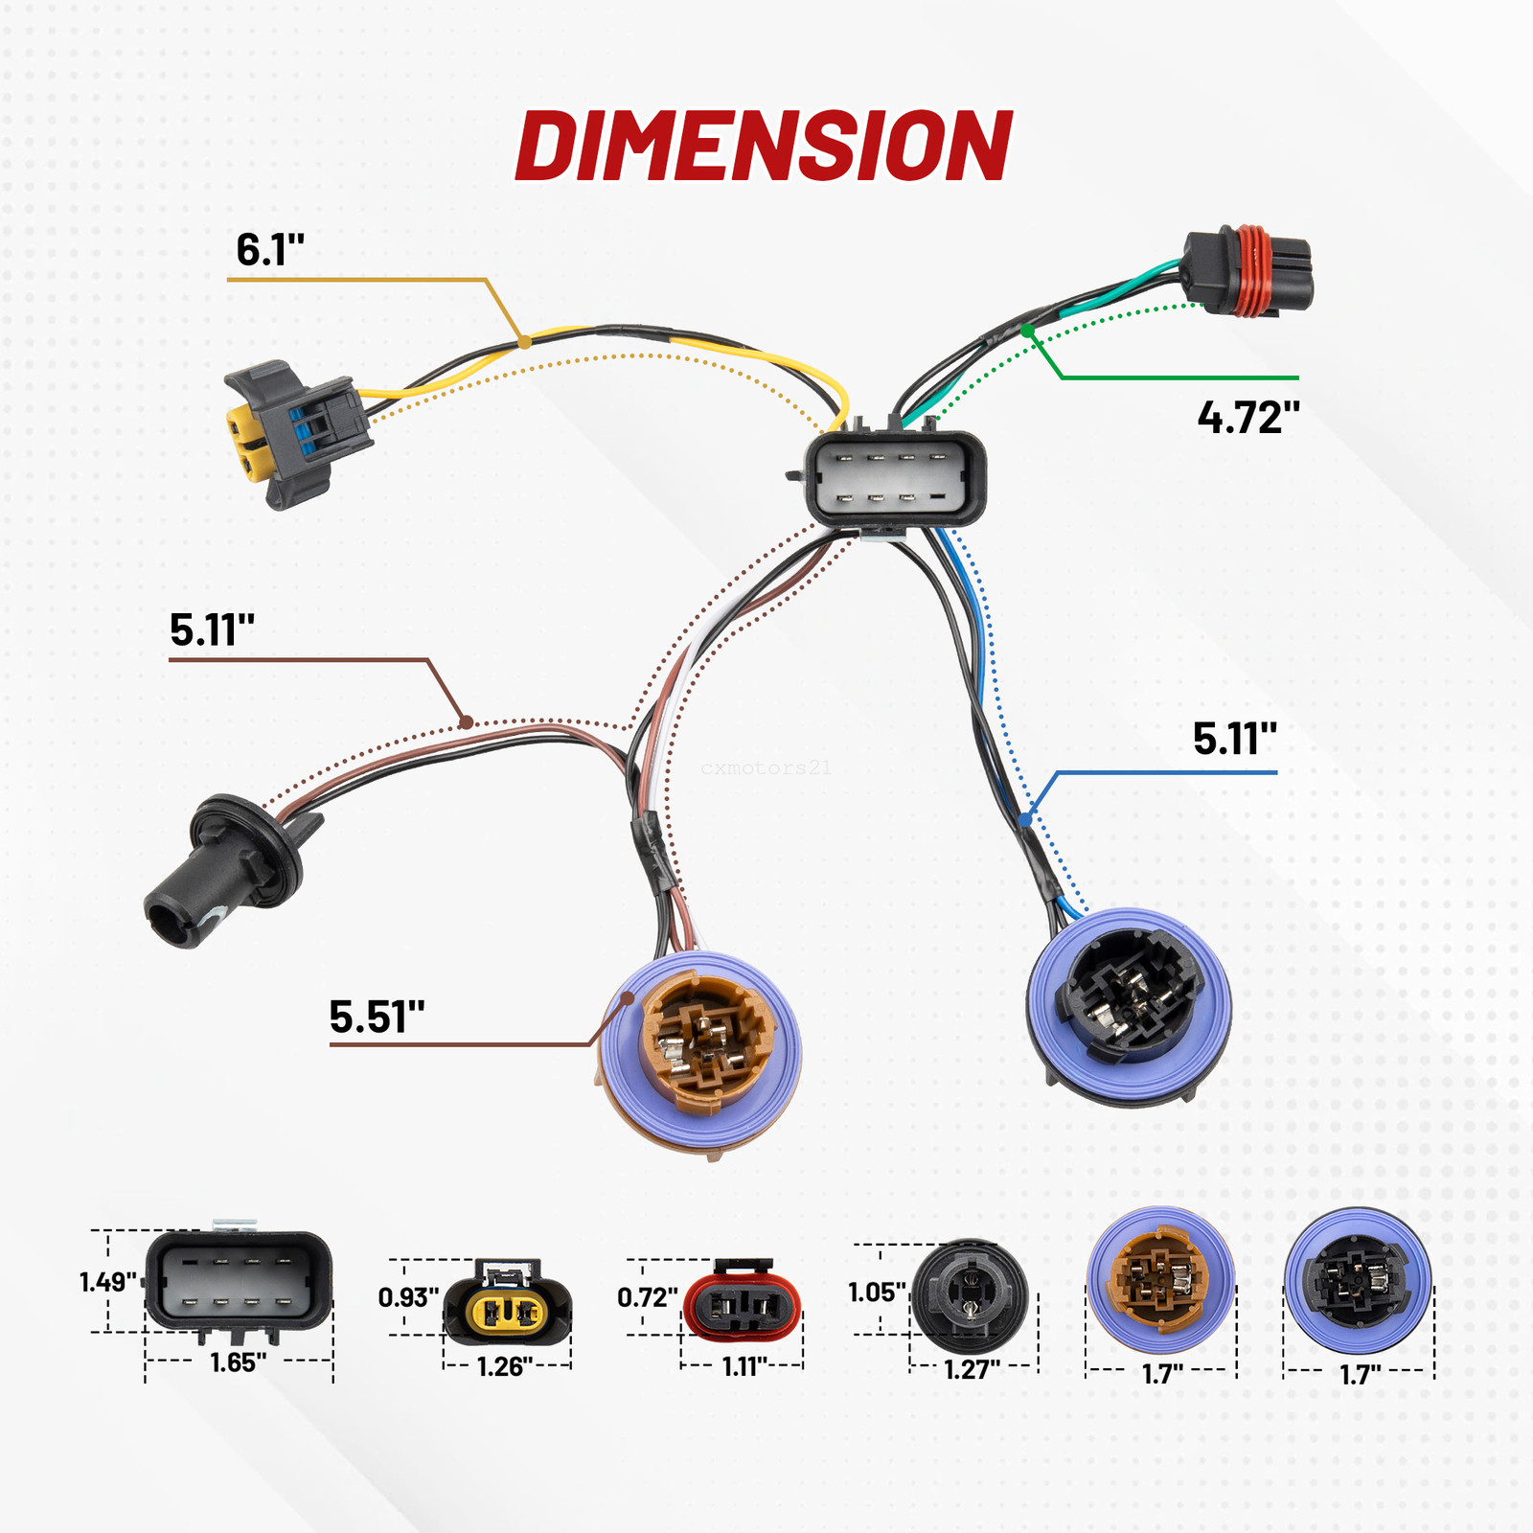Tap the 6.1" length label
(x=269, y=250)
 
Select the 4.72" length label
(x=1248, y=418)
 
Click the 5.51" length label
(x=377, y=1017)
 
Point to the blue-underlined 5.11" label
(x=1234, y=739)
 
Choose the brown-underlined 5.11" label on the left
(x=212, y=629)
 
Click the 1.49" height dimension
(x=107, y=1282)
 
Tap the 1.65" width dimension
(x=238, y=1362)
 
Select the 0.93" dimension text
(x=408, y=1297)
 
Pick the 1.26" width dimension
(x=505, y=1366)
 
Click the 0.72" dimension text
(x=647, y=1297)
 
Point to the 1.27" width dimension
(x=972, y=1369)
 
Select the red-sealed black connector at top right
(x=1247, y=271)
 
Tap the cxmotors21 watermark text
(x=766, y=767)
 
